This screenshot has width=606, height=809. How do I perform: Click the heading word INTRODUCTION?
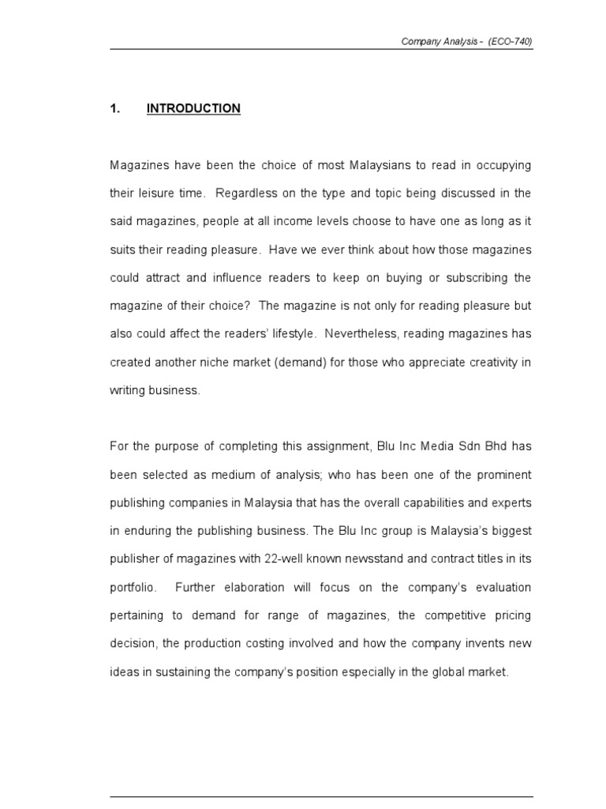[x=193, y=109]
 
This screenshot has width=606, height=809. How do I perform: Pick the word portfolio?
[x=133, y=587]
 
